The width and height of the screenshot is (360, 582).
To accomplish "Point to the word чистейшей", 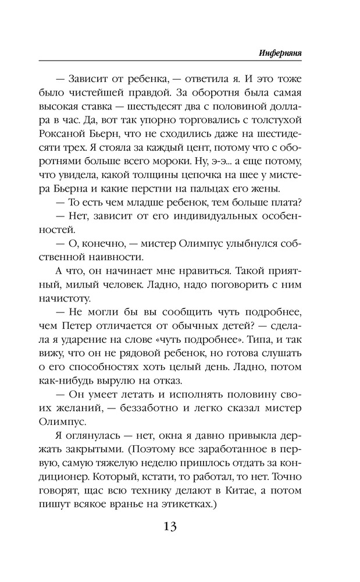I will click(117, 91).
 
